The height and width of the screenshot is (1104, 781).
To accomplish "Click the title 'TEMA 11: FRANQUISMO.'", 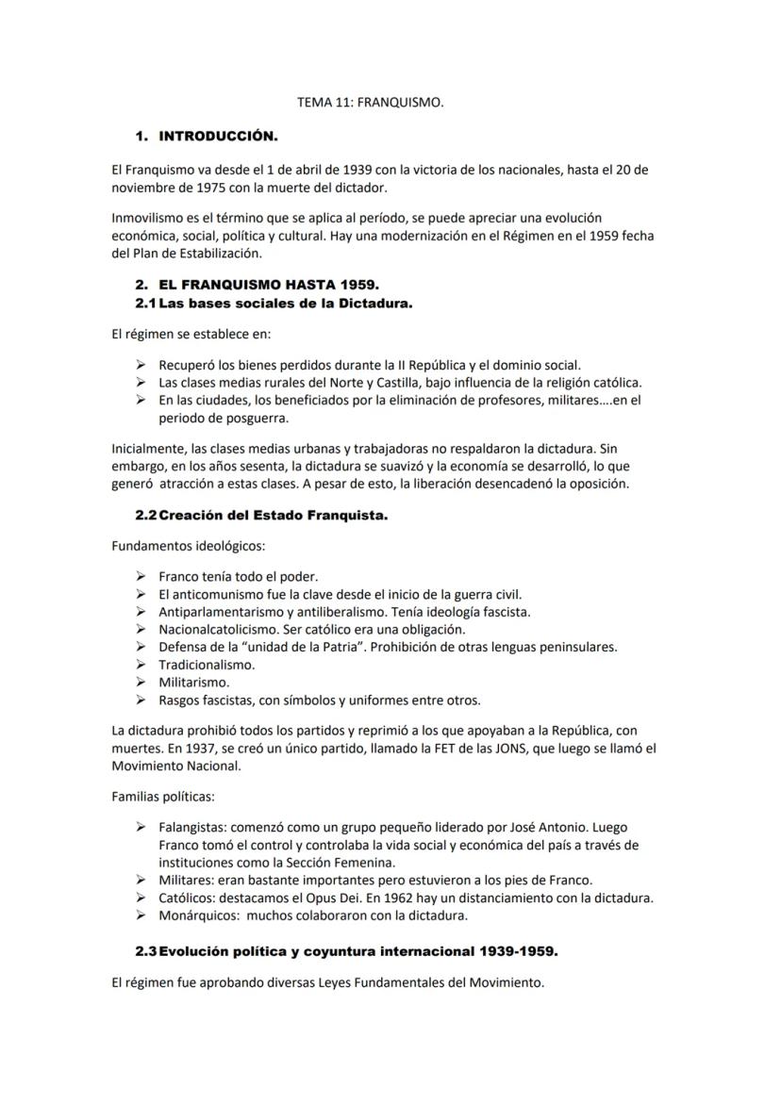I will pyautogui.click(x=370, y=103).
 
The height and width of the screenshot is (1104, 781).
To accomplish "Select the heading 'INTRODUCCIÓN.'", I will pyautogui.click(x=218, y=137).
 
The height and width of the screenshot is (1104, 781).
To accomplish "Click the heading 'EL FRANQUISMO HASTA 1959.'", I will pyautogui.click(x=269, y=285).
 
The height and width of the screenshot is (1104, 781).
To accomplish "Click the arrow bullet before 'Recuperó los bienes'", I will pyautogui.click(x=141, y=365).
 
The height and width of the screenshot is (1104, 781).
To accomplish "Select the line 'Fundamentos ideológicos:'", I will pyautogui.click(x=188, y=546).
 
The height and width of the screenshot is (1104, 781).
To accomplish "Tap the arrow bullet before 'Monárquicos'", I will pyautogui.click(x=141, y=915).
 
